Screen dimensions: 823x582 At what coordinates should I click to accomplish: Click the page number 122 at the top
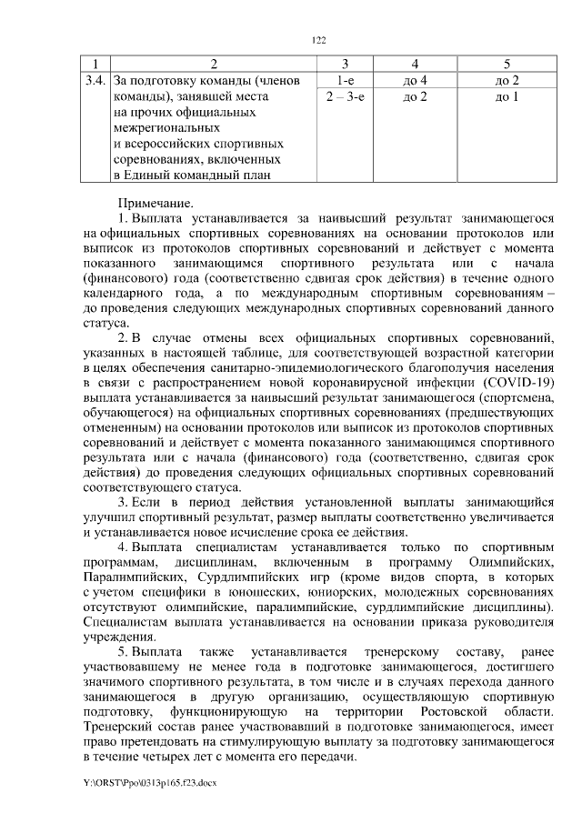[x=318, y=41]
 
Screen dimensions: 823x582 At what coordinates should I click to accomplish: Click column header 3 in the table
[x=345, y=64]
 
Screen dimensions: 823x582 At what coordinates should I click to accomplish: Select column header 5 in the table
[x=507, y=64]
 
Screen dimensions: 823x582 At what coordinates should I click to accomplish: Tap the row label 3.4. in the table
[x=94, y=81]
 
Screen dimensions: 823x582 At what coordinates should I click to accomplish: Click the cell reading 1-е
[x=345, y=81]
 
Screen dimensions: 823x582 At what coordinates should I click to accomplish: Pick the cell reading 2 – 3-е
[x=345, y=96]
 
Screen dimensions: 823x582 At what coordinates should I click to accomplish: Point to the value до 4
[x=414, y=81]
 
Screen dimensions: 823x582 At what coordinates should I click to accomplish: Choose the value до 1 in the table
[x=507, y=96]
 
